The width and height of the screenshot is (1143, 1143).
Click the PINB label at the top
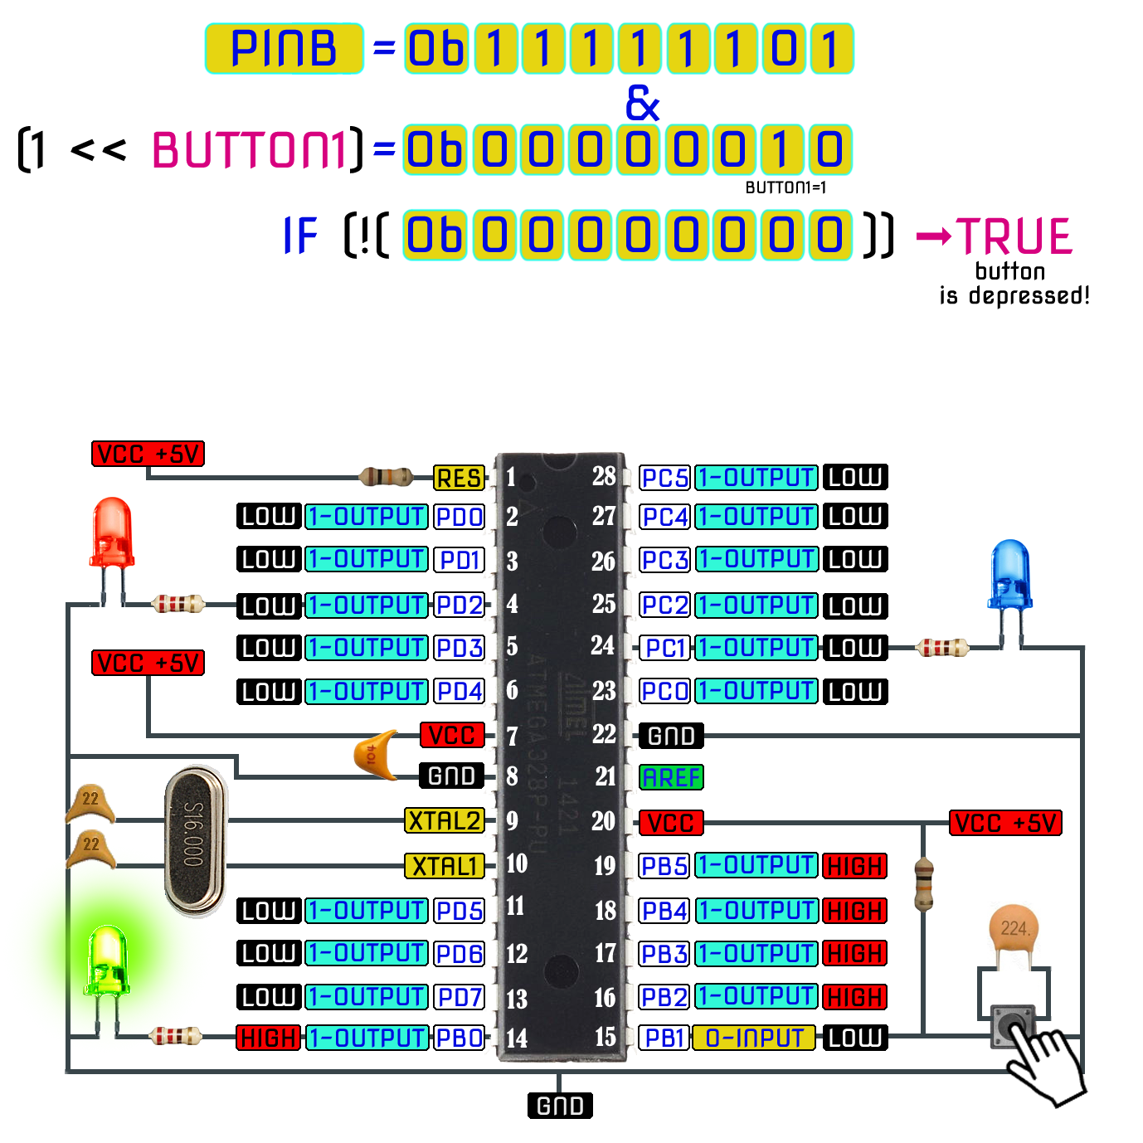point(284,48)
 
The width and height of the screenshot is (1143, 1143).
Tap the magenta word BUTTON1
point(249,150)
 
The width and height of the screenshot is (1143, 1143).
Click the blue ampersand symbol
point(642,103)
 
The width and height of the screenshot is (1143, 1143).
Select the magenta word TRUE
point(1014,236)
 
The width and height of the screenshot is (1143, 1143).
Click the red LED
point(112,535)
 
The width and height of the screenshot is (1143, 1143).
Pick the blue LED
point(1010,575)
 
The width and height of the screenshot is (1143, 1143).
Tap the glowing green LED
point(108,962)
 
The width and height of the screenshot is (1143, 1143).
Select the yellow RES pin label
point(459,479)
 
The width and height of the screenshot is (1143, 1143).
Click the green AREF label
point(671,777)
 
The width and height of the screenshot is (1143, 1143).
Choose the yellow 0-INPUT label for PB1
point(754,1038)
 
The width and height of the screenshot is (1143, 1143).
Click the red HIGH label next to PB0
point(268,1038)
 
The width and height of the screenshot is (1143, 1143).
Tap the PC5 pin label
point(665,478)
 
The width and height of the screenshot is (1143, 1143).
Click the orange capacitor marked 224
point(1014,933)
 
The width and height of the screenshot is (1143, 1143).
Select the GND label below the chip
point(560,1106)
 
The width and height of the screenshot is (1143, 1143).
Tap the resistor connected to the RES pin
point(386,477)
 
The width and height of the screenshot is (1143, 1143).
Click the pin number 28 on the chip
point(604,476)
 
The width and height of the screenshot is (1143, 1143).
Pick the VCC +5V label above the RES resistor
point(148,454)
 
